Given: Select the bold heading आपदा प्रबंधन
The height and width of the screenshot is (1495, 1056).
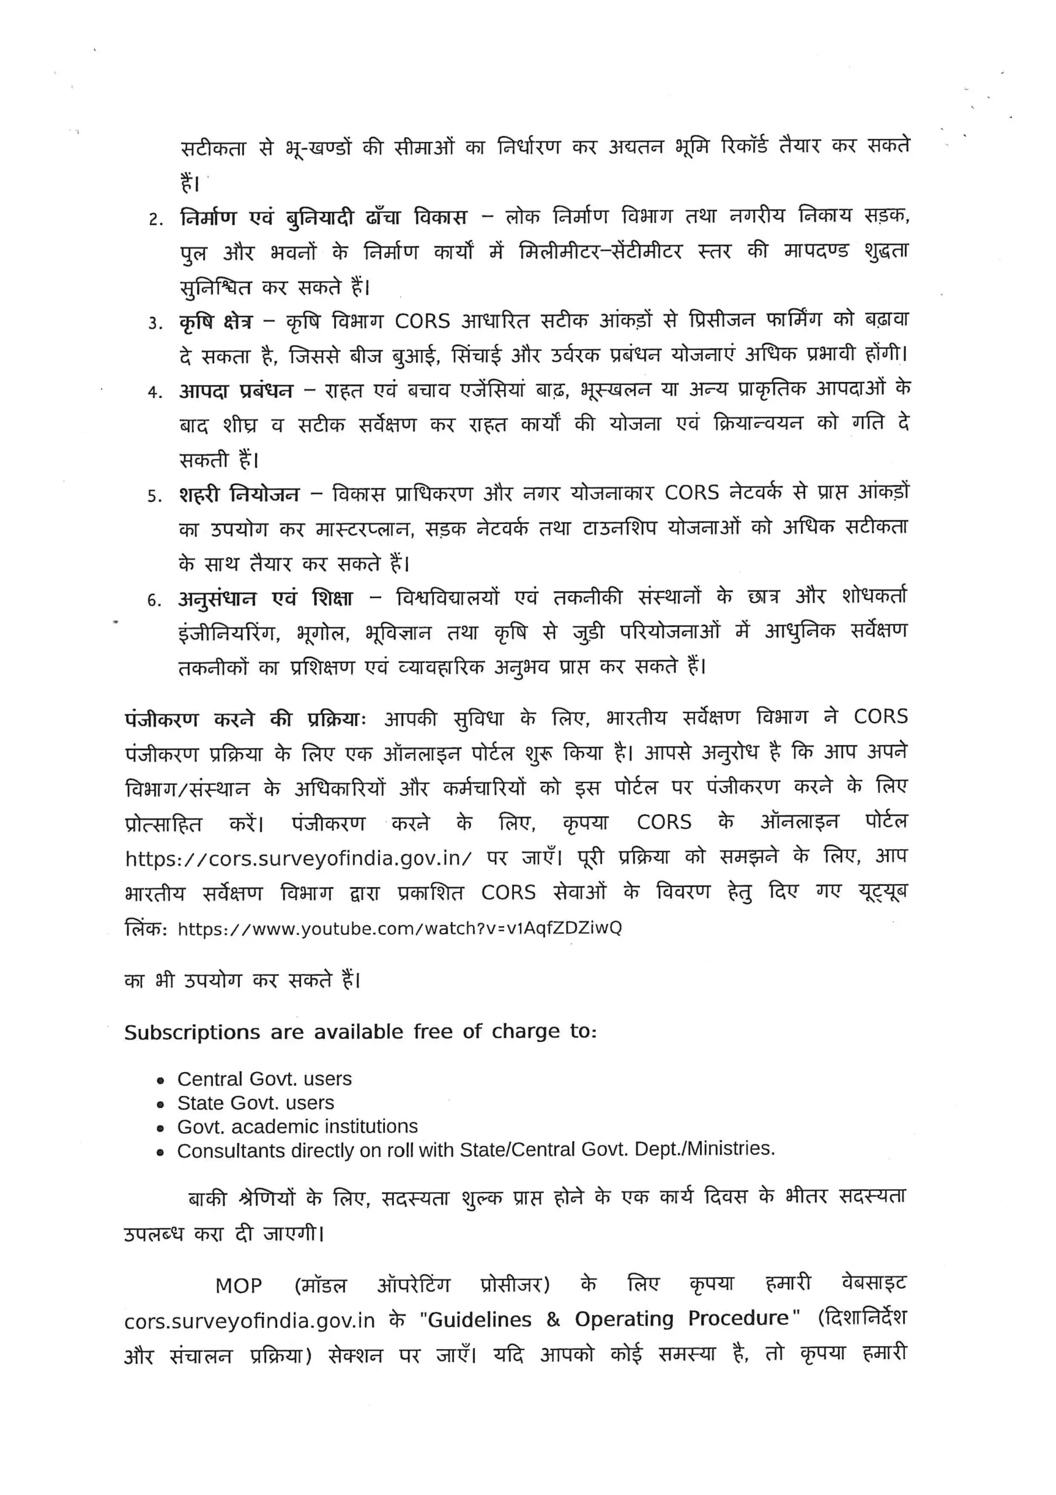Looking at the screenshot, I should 236,391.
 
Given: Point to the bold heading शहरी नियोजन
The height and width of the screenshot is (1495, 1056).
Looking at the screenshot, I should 239,495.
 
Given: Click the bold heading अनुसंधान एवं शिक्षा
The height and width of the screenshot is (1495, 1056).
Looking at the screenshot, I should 265,599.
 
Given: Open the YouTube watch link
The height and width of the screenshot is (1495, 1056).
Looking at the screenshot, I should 400,929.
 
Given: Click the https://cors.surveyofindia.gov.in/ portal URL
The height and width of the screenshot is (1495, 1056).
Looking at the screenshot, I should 298,859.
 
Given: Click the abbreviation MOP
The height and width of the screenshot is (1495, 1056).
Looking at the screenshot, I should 238,1286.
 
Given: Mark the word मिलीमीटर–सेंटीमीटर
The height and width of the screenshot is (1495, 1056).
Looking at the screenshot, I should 600,251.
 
